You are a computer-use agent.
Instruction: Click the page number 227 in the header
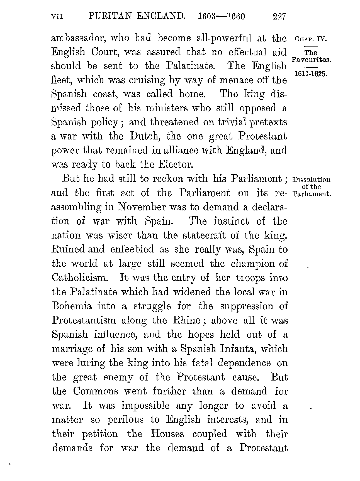pyautogui.click(x=279, y=17)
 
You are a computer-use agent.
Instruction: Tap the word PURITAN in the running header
pyautogui.click(x=108, y=16)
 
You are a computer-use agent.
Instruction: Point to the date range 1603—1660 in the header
pyautogui.click(x=222, y=17)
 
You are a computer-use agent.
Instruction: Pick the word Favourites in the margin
pyautogui.click(x=311, y=60)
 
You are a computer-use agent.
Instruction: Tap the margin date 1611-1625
pyautogui.click(x=311, y=74)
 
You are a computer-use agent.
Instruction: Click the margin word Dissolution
pyautogui.click(x=311, y=180)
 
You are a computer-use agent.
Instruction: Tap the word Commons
pyautogui.click(x=95, y=391)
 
